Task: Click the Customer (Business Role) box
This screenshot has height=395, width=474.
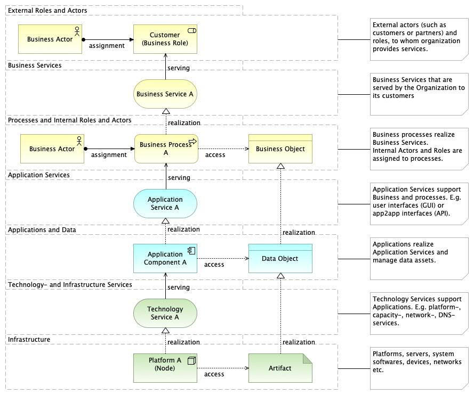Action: point(165,39)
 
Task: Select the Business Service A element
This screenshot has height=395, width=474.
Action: point(165,94)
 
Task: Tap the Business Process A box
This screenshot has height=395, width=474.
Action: point(166,149)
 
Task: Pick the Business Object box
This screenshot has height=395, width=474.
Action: point(280,149)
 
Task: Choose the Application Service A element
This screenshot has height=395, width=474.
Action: point(165,204)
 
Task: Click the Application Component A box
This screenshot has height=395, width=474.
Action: point(165,258)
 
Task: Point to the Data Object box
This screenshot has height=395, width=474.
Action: point(280,258)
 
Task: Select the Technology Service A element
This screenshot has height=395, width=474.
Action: point(165,313)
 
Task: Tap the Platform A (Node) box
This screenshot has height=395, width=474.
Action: point(165,368)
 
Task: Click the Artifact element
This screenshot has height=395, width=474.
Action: point(280,368)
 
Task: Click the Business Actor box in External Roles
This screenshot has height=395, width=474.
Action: point(50,39)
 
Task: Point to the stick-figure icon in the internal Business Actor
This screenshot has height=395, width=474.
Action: point(79,141)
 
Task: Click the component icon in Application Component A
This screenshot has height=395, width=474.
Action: point(191,251)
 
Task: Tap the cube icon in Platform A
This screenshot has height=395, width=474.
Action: point(191,360)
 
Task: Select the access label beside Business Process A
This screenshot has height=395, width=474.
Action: point(215,155)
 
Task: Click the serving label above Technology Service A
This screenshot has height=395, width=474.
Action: point(179,287)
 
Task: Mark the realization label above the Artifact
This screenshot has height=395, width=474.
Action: point(299,342)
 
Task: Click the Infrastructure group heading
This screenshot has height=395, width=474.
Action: point(29,340)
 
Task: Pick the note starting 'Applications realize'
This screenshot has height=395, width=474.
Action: point(419,259)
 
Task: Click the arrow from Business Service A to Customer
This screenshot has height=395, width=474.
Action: point(165,67)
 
